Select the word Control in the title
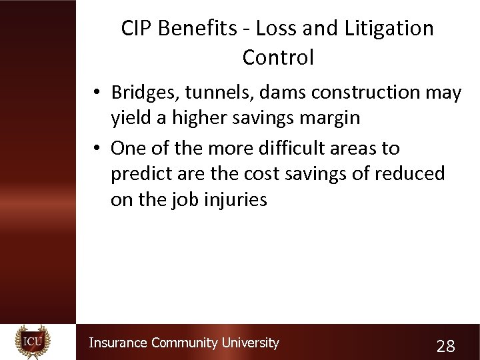278,57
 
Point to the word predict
143,173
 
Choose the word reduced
409,173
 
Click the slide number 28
445,346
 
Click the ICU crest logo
33,342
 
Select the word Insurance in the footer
118,343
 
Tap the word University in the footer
250,343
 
